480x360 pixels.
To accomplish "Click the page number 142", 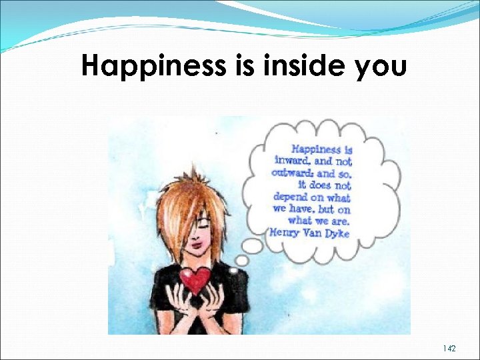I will click(x=449, y=349).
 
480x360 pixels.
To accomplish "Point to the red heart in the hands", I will click(x=196, y=279).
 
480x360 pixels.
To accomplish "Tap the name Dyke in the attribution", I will click(x=336, y=233).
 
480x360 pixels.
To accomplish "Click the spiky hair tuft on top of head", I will click(x=193, y=176).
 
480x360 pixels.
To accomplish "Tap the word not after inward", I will click(x=343, y=161).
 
